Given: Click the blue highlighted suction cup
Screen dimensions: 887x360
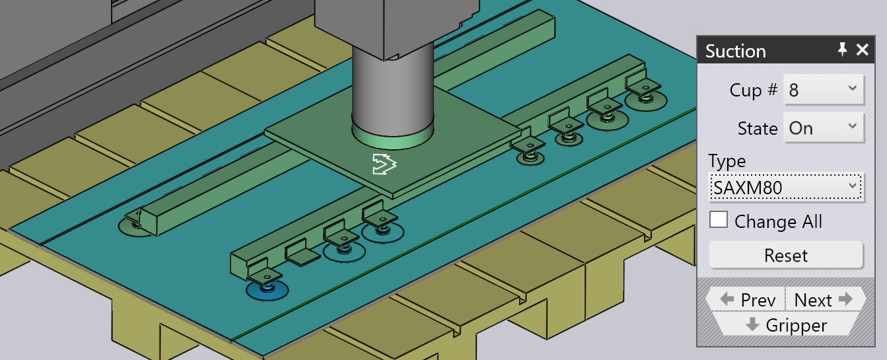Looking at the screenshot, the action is pyautogui.click(x=267, y=291).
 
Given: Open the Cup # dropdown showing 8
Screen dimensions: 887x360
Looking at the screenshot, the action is pyautogui.click(x=823, y=90).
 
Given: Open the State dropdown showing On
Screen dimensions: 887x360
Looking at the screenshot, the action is pyautogui.click(x=823, y=128).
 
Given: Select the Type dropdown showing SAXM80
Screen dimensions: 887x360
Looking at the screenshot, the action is pyautogui.click(x=786, y=188).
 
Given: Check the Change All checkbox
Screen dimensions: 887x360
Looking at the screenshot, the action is pyautogui.click(x=719, y=219).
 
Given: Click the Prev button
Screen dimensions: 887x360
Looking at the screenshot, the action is pyautogui.click(x=747, y=300).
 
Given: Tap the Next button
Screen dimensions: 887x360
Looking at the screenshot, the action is pyautogui.click(x=825, y=300).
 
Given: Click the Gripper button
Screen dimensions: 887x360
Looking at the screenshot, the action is pyautogui.click(x=786, y=325).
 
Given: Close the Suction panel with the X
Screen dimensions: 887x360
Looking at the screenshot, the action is pyautogui.click(x=863, y=50).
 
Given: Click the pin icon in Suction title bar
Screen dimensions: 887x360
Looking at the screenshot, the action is pyautogui.click(x=842, y=50).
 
